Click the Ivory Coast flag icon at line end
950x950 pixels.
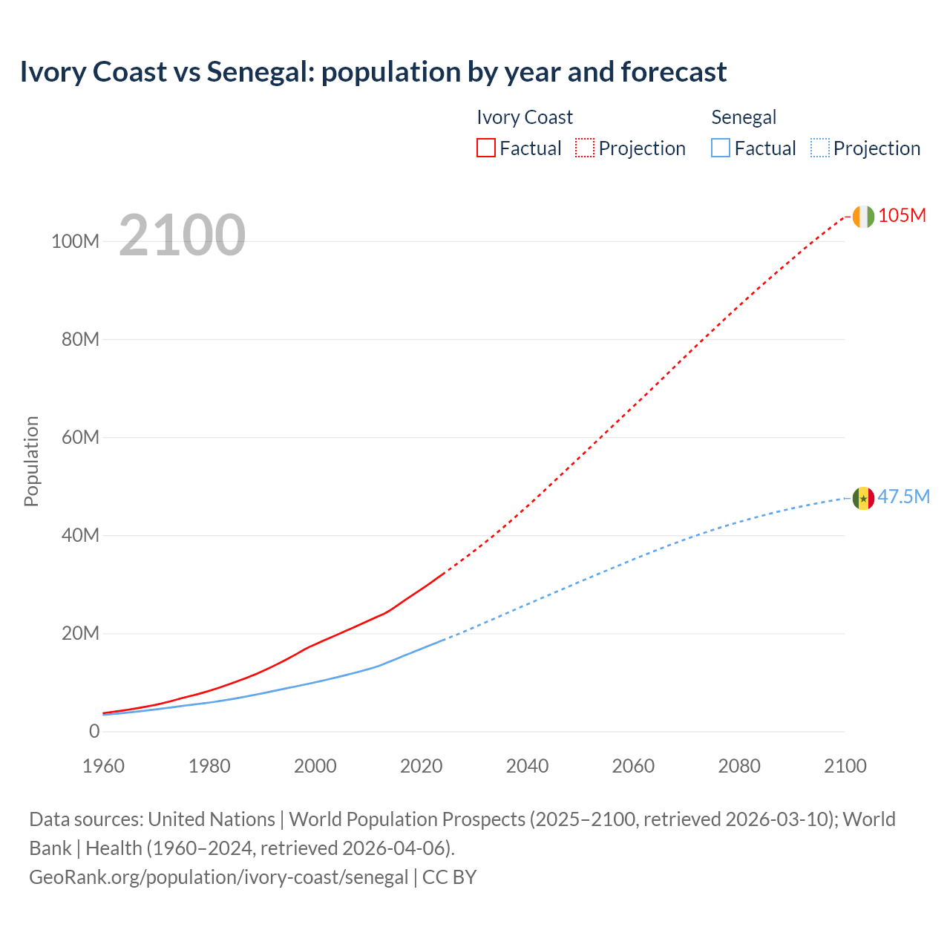coord(863,216)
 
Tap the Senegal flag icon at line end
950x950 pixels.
coord(863,498)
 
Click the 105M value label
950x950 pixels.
coord(902,215)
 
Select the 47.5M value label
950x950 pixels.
coord(903,497)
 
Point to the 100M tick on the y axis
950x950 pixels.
coord(75,242)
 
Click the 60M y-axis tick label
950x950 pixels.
coord(80,437)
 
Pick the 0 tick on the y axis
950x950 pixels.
coord(94,731)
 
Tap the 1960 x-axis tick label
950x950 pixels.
coord(103,766)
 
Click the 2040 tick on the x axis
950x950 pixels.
coord(527,766)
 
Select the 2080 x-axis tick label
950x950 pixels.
coord(739,766)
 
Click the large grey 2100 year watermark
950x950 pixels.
coord(182,235)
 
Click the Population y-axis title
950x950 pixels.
coord(31,461)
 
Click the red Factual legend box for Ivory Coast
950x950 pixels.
coord(485,148)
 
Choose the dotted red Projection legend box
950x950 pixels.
coord(585,148)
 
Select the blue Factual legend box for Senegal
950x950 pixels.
coord(721,148)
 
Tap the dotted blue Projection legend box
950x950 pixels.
coord(819,148)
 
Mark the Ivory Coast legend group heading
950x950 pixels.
coord(524,117)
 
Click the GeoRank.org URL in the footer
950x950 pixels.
coord(218,877)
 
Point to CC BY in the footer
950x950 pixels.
coord(450,877)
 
